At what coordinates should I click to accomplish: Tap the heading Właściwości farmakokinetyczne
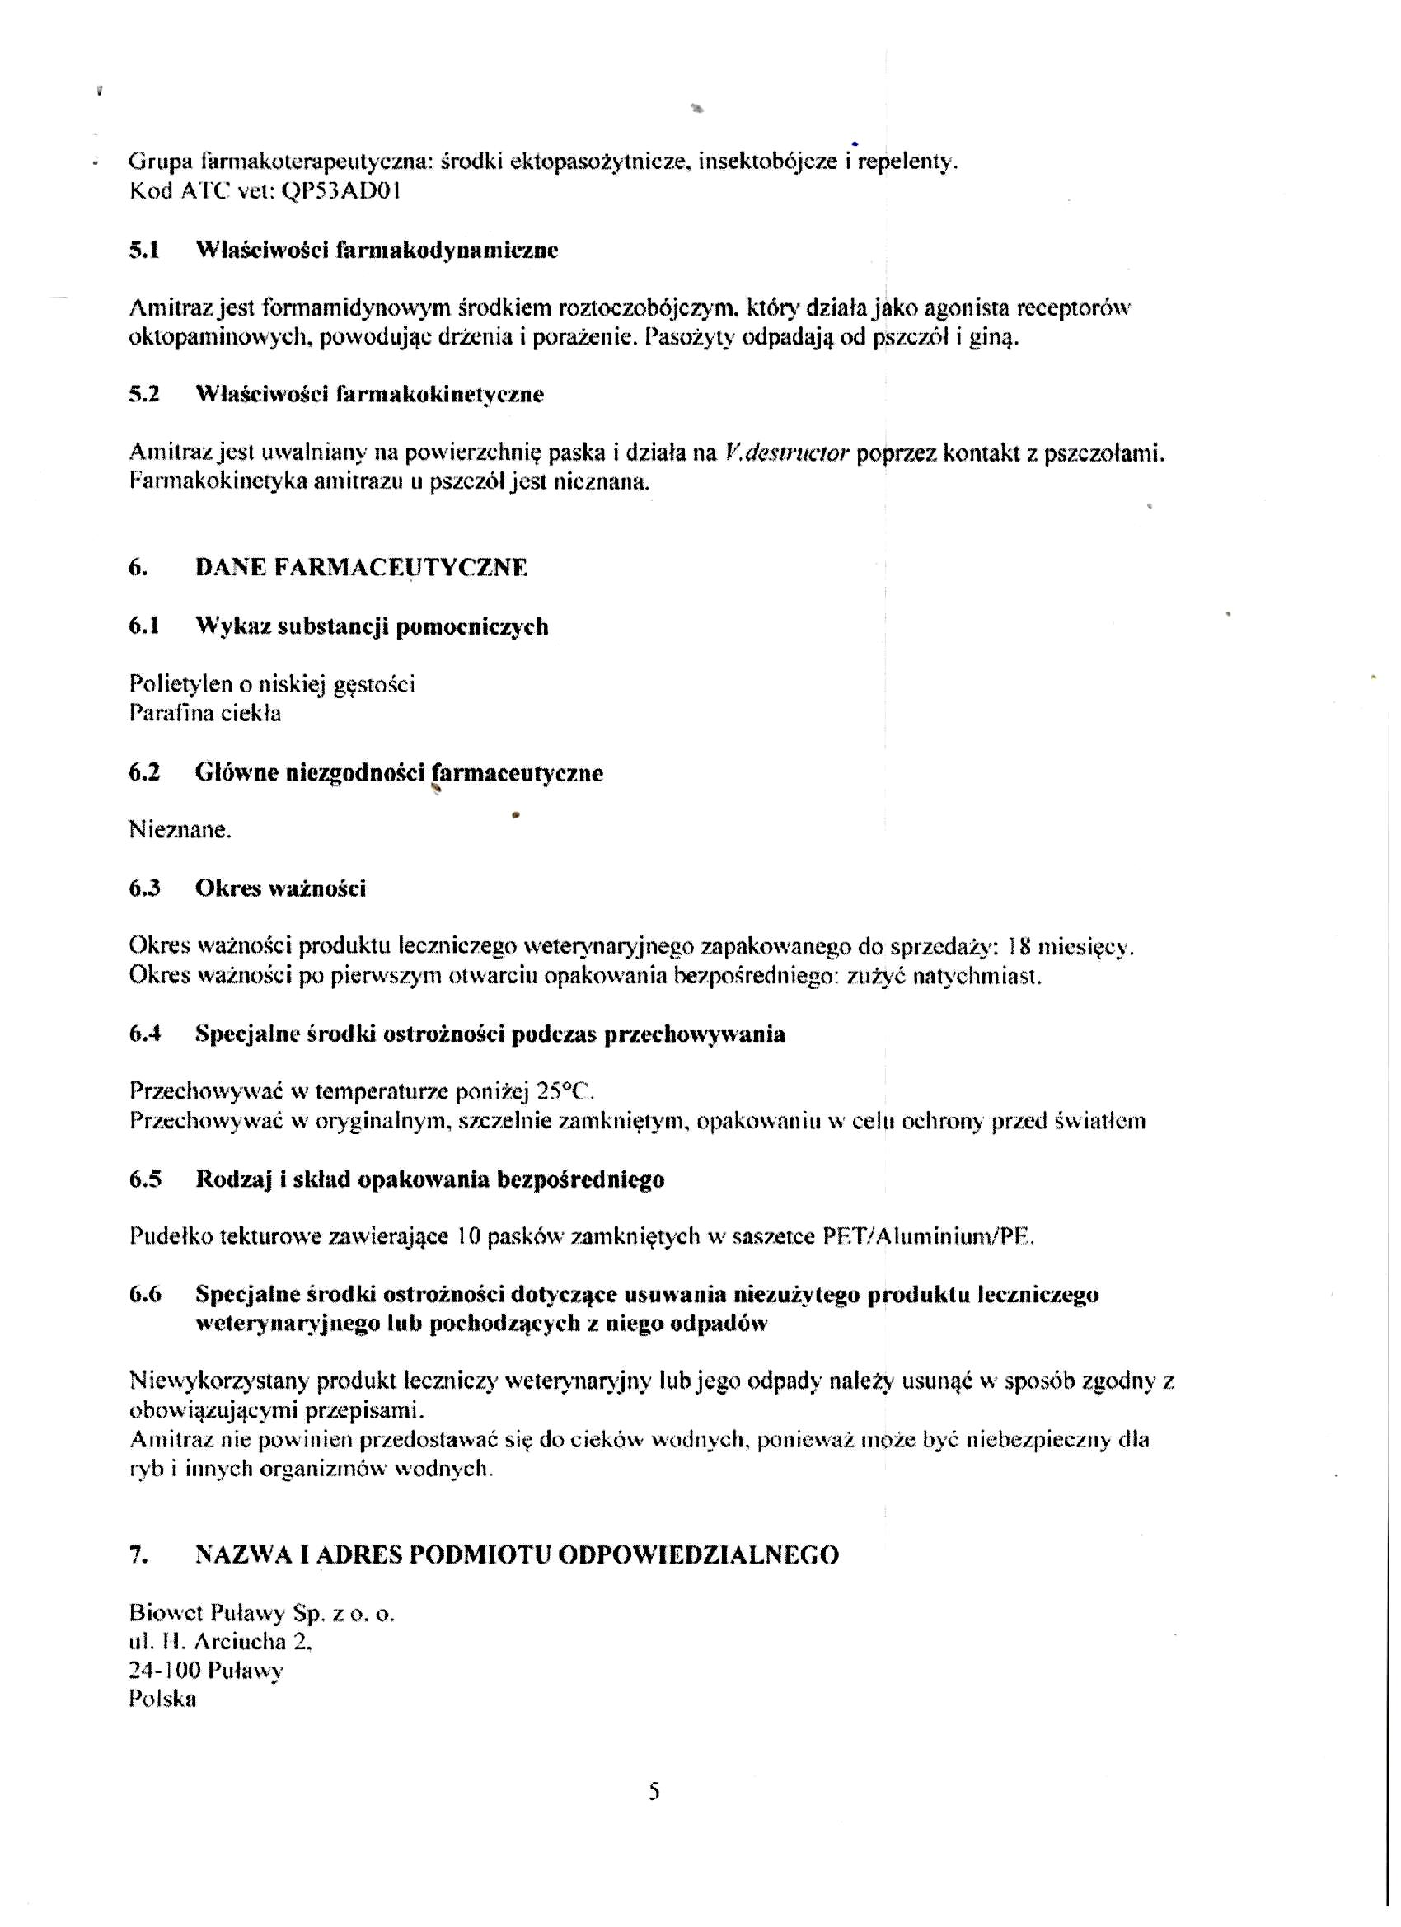click(x=369, y=395)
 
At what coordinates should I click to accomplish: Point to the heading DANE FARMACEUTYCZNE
click(x=361, y=568)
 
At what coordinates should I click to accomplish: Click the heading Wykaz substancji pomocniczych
click(x=372, y=627)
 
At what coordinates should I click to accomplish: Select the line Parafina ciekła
click(x=204, y=713)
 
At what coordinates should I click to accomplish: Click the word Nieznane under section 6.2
click(x=180, y=830)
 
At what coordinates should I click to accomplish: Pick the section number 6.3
click(x=144, y=888)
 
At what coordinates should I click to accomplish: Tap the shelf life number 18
click(x=1018, y=946)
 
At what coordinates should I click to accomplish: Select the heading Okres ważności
click(x=280, y=888)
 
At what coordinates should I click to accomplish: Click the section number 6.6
click(x=144, y=1295)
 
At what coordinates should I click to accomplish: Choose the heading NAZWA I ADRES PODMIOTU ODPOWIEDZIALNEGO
click(x=517, y=1554)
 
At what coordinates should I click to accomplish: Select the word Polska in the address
click(x=162, y=1700)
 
